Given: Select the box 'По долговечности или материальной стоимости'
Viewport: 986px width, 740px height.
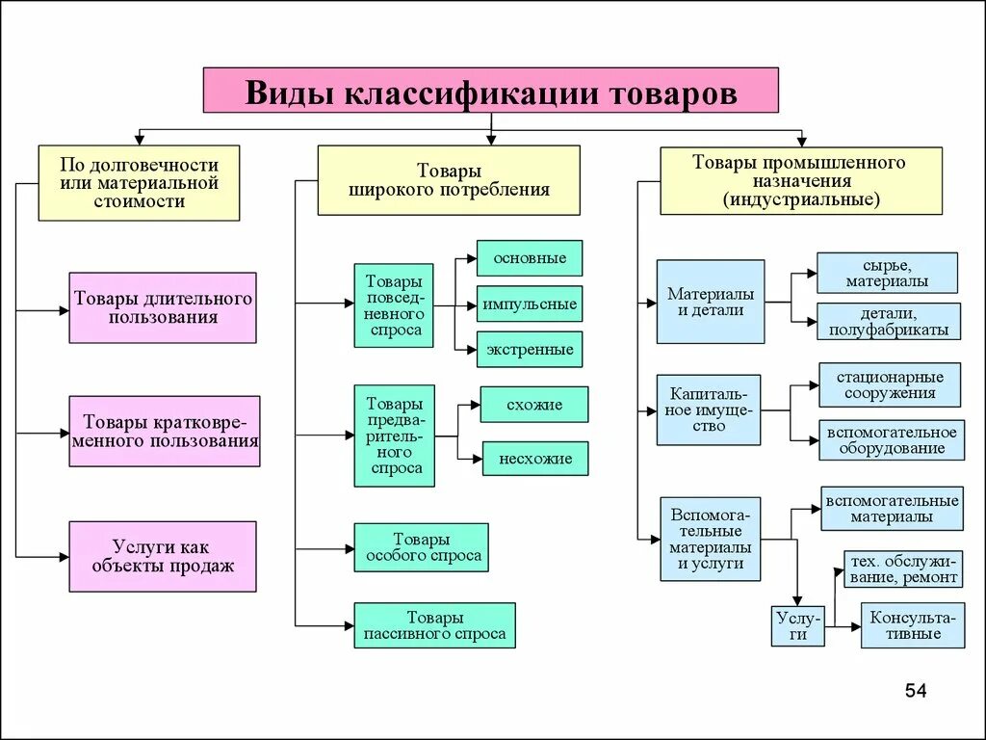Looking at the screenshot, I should [139, 183].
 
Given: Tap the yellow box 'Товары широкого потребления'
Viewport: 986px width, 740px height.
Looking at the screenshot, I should [449, 180].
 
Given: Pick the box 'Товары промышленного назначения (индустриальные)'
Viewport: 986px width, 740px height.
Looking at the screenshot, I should [800, 180].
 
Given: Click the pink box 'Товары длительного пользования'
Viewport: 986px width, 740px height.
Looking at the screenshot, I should [163, 307].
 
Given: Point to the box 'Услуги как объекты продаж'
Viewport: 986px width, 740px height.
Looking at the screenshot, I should [163, 556].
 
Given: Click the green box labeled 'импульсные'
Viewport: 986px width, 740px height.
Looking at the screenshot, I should [530, 304].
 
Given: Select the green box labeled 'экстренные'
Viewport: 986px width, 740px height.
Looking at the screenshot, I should [530, 349].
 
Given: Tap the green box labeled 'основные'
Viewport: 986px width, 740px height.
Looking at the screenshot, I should [530, 258].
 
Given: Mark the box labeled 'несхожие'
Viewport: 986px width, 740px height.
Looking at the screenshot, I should [535, 459].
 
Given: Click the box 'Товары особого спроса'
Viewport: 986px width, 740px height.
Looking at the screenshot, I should [421, 547].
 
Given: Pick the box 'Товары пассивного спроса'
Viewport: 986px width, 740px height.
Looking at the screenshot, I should [434, 625].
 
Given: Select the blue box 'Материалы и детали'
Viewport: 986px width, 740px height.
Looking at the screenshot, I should [711, 302].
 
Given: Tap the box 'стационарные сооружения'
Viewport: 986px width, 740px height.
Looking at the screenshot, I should [890, 384].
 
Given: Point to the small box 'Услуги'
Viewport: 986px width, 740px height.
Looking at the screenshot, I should [798, 625].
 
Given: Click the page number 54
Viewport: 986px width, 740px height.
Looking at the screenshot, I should [915, 691].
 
